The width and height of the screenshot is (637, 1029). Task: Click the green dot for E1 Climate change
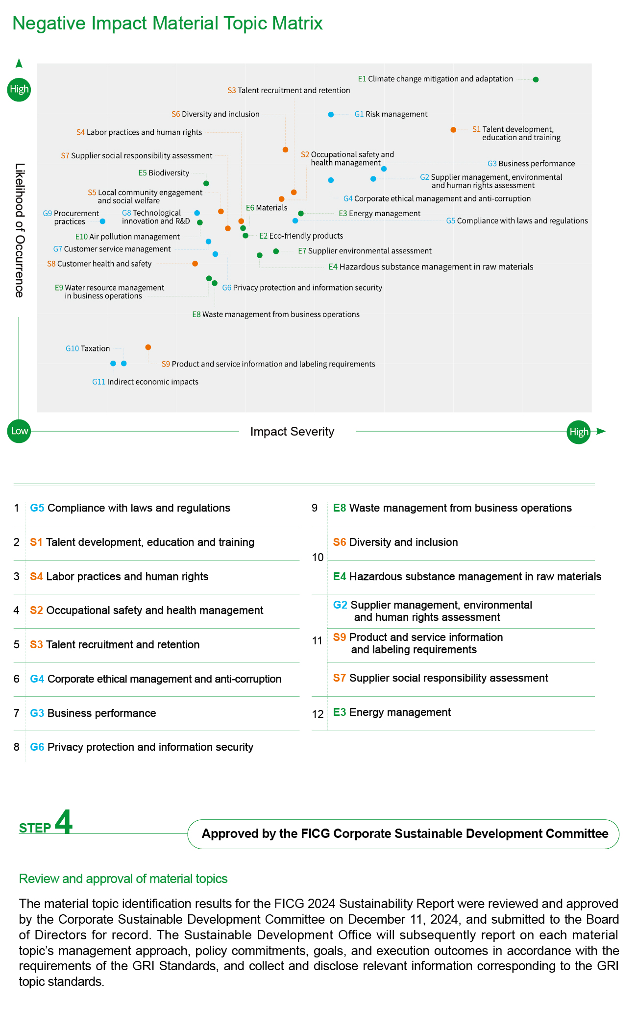(x=536, y=79)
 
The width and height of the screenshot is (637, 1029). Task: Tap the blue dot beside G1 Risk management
(x=331, y=115)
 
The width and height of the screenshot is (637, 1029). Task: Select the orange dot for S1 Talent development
(x=453, y=130)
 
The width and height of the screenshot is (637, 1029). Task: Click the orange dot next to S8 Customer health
(x=195, y=264)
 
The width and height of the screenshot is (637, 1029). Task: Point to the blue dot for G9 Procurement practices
(x=102, y=221)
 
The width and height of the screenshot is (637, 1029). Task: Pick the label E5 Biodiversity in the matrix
(x=164, y=173)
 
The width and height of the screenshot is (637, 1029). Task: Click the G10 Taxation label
(x=88, y=348)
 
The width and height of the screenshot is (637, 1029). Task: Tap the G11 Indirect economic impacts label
(x=145, y=382)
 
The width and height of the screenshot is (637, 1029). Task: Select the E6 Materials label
(x=267, y=208)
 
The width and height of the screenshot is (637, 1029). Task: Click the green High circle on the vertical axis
(x=19, y=89)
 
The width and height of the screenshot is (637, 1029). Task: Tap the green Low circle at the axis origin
(x=19, y=431)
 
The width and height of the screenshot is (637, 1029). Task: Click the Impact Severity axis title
(x=292, y=432)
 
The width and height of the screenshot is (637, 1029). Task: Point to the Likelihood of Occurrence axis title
(x=19, y=230)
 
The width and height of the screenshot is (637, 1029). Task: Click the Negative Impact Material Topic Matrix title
(x=168, y=23)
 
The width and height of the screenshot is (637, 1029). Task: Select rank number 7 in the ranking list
(x=17, y=713)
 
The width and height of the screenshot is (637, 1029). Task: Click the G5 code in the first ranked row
(x=37, y=508)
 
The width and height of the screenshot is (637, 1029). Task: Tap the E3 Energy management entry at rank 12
(x=392, y=712)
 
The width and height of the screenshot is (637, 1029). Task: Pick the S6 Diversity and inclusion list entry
(x=395, y=542)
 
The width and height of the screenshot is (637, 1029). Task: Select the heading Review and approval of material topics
(x=123, y=879)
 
